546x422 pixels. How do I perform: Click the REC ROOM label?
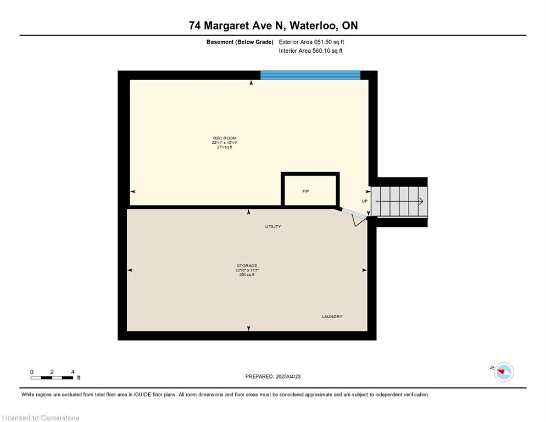tap(225, 138)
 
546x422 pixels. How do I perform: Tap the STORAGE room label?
tap(247, 265)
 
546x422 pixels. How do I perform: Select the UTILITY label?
tap(273, 226)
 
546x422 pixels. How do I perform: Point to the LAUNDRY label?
tap(332, 316)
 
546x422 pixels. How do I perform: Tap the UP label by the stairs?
tap(365, 201)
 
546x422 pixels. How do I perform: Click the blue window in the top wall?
tap(310, 75)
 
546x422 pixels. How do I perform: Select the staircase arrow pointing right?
tap(399, 201)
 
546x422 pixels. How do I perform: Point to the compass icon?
tap(504, 372)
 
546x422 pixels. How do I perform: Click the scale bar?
tap(52, 377)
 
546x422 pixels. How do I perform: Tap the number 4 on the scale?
tap(73, 372)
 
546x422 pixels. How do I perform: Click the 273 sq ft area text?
tap(225, 147)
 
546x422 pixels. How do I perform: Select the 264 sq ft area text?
tap(247, 275)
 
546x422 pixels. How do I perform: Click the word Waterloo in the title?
tap(313, 25)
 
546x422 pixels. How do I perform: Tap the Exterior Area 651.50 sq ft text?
tap(311, 42)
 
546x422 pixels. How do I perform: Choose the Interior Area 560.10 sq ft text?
tap(310, 51)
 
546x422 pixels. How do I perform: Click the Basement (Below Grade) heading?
tap(240, 42)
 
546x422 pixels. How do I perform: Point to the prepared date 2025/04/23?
tap(288, 376)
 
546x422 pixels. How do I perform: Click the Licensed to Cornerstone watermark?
tap(41, 418)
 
